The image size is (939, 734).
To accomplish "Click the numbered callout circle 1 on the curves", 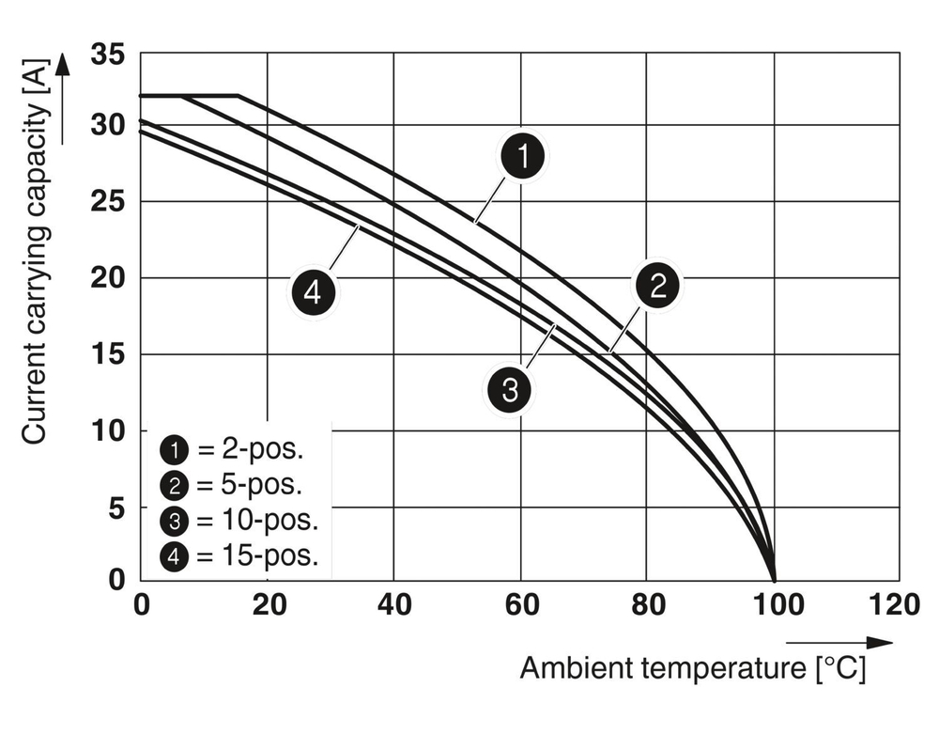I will click(x=523, y=157).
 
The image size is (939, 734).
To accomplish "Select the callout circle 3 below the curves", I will click(x=508, y=388).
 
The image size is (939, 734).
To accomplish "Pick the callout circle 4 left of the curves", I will click(x=313, y=293).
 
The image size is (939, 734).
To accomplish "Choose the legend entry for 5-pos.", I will click(x=232, y=485).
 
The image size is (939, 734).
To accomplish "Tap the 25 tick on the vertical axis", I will click(x=108, y=201).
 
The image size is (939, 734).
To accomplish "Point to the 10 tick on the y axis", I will click(x=108, y=430).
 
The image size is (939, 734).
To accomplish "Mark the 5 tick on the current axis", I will click(x=115, y=508).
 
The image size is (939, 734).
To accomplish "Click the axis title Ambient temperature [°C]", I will click(x=693, y=669).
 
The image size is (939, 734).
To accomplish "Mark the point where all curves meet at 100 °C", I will click(x=774, y=580).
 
